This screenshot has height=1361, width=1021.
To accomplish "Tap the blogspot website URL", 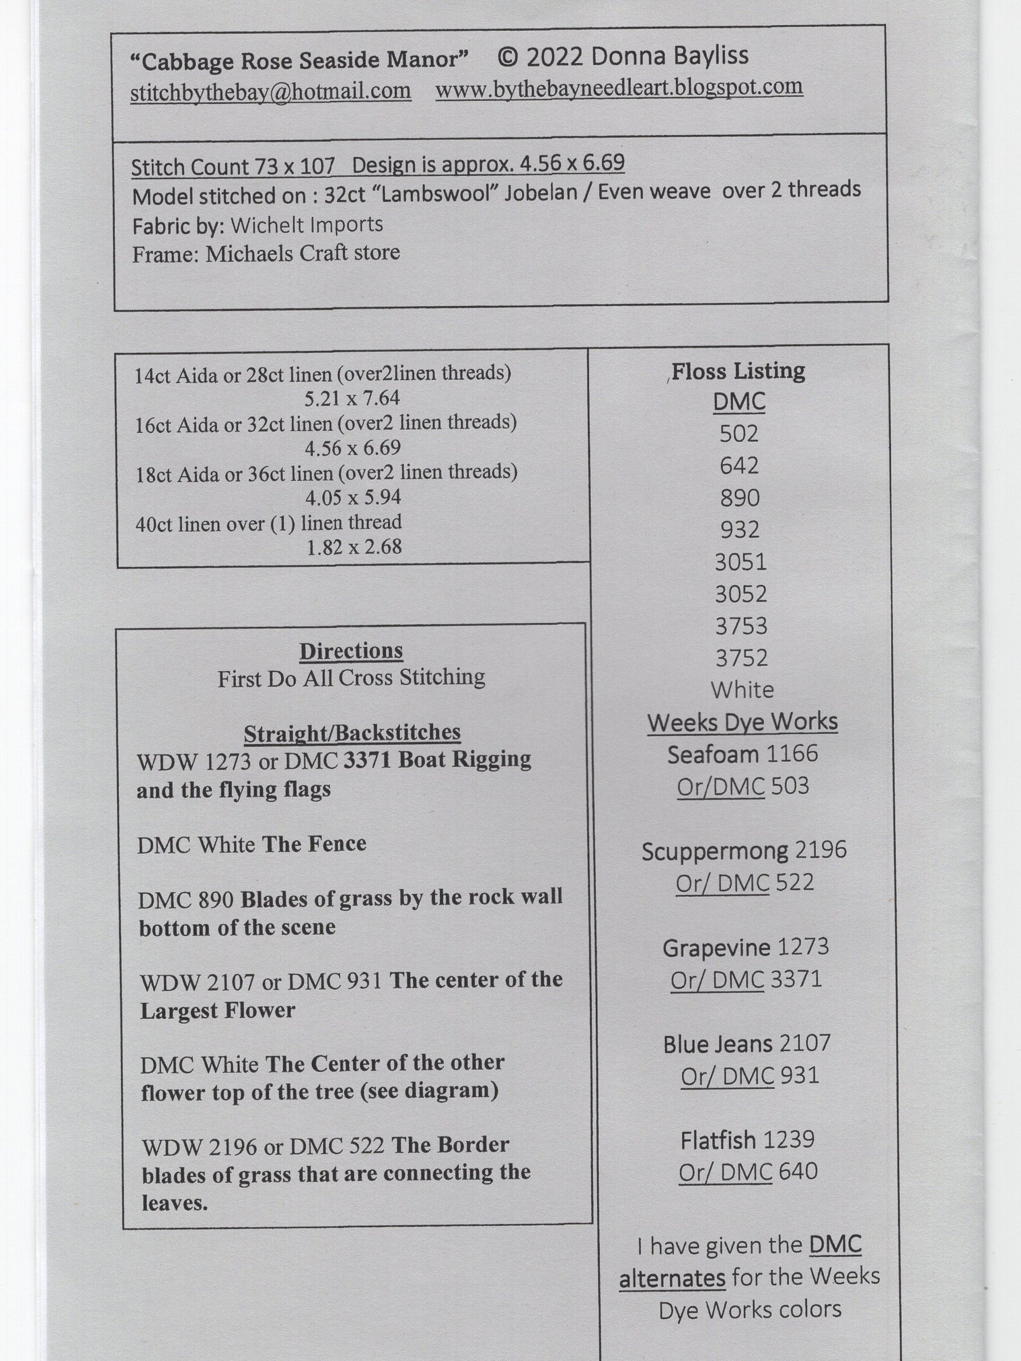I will tap(619, 87).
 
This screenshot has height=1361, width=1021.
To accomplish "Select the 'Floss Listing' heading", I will tap(738, 371).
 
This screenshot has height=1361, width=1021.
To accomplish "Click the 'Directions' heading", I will tap(351, 651).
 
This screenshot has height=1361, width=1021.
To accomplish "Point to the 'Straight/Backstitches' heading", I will tap(352, 733).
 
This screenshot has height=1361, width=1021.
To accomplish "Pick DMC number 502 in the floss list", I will tap(739, 434).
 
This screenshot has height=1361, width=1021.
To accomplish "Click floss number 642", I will tap(739, 466).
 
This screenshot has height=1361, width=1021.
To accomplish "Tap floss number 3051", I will tap(740, 562).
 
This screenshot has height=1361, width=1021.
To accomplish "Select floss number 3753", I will tap(741, 626).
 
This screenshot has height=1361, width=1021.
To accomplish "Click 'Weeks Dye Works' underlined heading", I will tap(742, 722).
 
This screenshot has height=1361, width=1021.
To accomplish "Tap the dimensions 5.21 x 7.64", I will tap(352, 398).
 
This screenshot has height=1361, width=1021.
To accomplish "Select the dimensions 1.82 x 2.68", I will tap(353, 547).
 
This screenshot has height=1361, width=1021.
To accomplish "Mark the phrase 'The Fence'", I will tap(314, 844).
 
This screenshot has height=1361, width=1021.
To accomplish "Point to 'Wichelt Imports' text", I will tap(306, 224).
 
